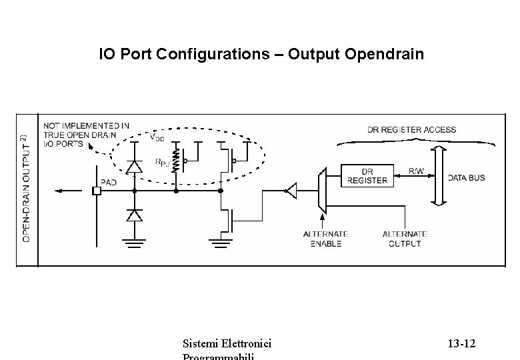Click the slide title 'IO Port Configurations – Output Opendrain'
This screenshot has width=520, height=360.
point(261,53)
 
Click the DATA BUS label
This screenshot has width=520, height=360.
point(466,178)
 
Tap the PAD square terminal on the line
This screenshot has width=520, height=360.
point(96,191)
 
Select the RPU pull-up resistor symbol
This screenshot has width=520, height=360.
point(175,161)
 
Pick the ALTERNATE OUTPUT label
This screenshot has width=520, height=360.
point(404,239)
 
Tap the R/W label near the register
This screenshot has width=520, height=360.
point(417,171)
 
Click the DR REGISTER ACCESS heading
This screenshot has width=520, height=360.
point(412,129)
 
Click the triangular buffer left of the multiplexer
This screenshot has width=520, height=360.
point(290,192)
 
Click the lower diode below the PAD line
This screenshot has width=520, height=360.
point(135,215)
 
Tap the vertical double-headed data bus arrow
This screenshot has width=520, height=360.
point(437,177)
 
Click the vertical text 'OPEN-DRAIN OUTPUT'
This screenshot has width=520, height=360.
point(27,188)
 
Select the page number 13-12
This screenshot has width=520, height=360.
point(461,344)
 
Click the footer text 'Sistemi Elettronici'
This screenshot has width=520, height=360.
point(227,344)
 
